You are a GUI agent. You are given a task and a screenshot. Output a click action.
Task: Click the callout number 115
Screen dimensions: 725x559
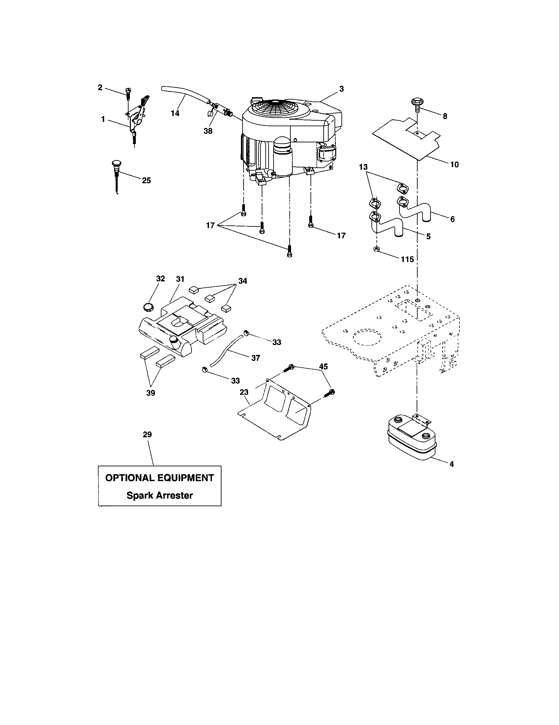click(x=407, y=259)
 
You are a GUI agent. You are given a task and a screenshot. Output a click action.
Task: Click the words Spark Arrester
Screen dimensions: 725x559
click(x=159, y=495)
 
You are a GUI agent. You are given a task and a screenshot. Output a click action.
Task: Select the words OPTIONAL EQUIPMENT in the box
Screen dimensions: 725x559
click(x=159, y=478)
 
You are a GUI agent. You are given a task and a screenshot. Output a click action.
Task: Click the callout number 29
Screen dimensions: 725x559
click(x=147, y=435)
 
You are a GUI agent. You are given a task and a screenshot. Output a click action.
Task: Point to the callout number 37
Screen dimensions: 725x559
click(x=255, y=358)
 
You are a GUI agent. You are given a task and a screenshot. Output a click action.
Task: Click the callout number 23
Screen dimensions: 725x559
click(x=244, y=392)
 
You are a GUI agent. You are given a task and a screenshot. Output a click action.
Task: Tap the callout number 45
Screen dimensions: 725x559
click(x=323, y=366)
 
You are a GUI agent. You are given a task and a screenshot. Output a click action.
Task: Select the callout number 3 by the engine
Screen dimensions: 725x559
click(x=341, y=89)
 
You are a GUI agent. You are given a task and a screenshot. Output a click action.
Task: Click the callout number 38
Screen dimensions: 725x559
click(x=208, y=131)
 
